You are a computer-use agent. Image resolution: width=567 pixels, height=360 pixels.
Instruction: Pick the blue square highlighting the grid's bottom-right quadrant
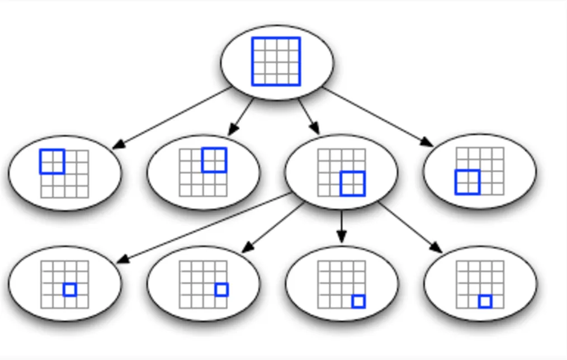(x=352, y=184)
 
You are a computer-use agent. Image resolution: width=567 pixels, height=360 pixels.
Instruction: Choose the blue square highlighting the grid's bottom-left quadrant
(x=467, y=182)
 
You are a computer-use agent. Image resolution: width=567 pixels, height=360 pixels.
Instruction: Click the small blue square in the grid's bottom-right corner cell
(x=358, y=302)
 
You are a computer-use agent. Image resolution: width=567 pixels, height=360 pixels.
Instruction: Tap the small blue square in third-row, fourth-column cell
(x=221, y=290)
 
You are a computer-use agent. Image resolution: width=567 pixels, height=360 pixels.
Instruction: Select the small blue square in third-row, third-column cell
(x=70, y=290)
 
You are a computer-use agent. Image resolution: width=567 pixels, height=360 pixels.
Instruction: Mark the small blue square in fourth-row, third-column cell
(x=485, y=302)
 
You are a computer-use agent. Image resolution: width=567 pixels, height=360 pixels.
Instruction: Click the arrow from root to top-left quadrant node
(x=173, y=118)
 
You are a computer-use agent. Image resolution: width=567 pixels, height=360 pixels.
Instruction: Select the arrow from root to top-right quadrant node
(x=242, y=116)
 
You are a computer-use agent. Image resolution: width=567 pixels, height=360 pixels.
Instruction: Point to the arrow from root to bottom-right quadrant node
(x=309, y=116)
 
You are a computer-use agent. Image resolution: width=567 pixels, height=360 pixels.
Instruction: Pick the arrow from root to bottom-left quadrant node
(x=377, y=117)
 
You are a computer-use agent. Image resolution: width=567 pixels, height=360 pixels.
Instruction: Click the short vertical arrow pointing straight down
(x=342, y=226)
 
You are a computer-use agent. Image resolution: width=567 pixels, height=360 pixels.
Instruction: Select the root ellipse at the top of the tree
(x=313, y=61)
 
